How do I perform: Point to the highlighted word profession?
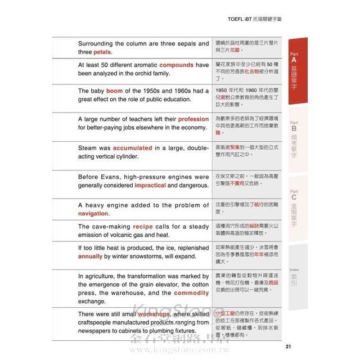(x=193, y=119)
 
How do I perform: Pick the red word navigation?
(x=93, y=214)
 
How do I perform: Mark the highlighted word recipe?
(x=142, y=227)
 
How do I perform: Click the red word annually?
(x=91, y=256)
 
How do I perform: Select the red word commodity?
(x=191, y=293)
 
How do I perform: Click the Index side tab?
(x=294, y=276)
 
